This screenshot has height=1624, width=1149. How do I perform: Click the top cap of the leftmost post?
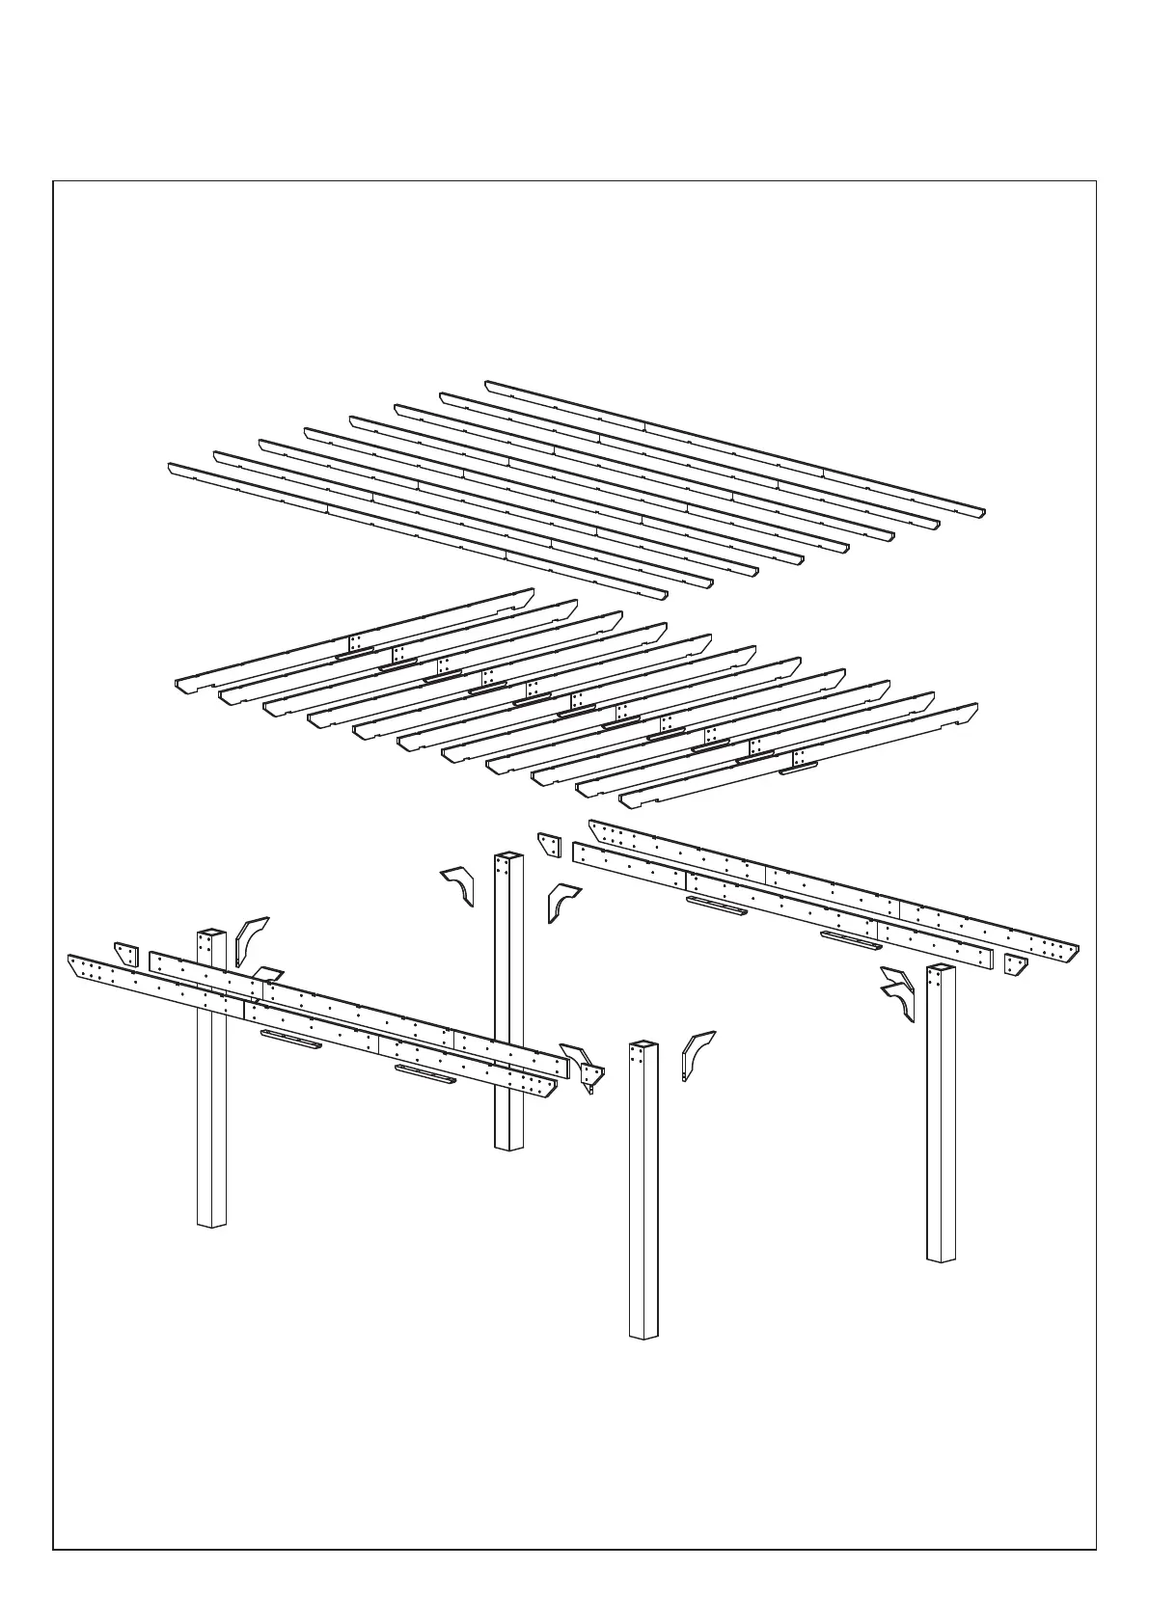pos(210,933)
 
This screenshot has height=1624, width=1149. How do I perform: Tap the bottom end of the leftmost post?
pos(211,1223)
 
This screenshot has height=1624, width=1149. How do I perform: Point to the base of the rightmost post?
pos(942,1257)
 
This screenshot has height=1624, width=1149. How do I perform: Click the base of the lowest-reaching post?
pos(643,1334)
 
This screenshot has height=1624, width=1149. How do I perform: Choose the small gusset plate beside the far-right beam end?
pos(1015,964)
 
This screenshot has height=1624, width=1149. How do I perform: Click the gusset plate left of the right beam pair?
pos(550,844)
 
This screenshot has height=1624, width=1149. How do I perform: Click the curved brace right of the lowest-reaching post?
pos(697,1054)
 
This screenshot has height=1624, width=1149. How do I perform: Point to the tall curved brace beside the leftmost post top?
pos(250,940)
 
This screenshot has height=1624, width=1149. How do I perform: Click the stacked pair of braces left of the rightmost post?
pos(899,993)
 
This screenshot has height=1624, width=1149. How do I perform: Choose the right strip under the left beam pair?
pos(425,1074)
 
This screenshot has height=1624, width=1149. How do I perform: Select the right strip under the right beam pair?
pos(850,940)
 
